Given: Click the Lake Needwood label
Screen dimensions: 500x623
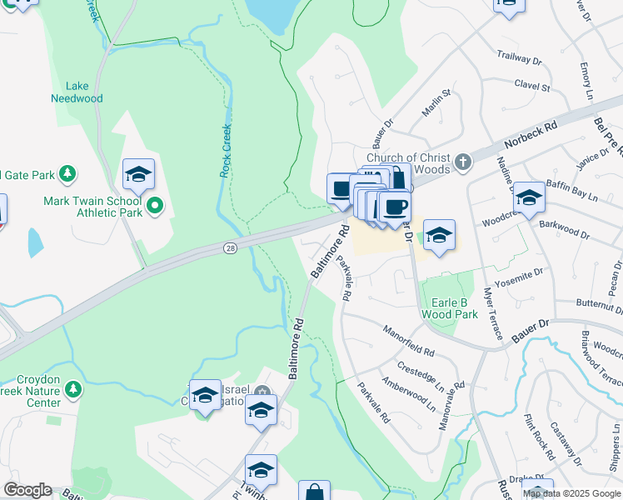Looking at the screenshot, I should click(83, 92).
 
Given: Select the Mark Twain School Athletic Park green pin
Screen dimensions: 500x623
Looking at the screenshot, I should click(154, 204).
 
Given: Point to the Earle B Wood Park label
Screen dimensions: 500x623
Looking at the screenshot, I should click(450, 308).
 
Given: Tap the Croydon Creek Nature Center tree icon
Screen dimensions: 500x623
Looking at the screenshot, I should click(73, 389).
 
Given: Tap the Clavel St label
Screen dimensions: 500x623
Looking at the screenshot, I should click(532, 86).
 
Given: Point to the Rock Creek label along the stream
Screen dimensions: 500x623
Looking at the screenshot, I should click(225, 151).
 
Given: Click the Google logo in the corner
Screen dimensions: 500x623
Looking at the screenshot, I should click(27, 490).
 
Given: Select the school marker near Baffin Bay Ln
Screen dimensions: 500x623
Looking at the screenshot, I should click(529, 198).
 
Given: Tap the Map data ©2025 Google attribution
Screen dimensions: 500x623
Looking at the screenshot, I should click(571, 493).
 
